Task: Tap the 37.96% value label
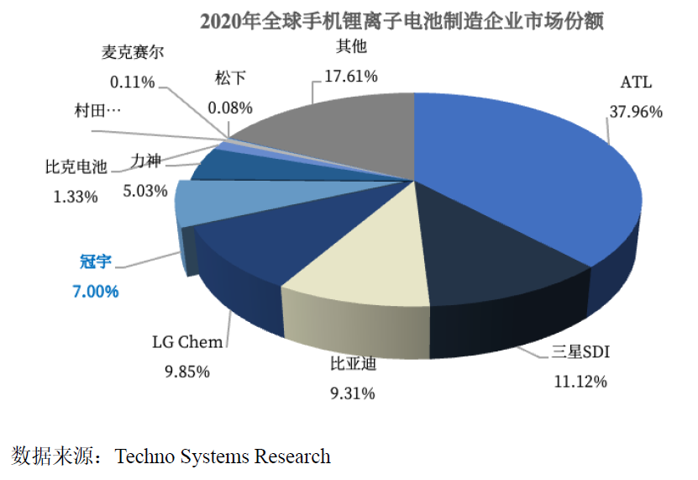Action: (x=634, y=111)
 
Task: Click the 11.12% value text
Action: (x=580, y=381)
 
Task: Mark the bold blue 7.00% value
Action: (x=91, y=292)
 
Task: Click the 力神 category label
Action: (x=150, y=158)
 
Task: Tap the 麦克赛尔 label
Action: (x=132, y=52)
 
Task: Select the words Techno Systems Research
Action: (x=223, y=456)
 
